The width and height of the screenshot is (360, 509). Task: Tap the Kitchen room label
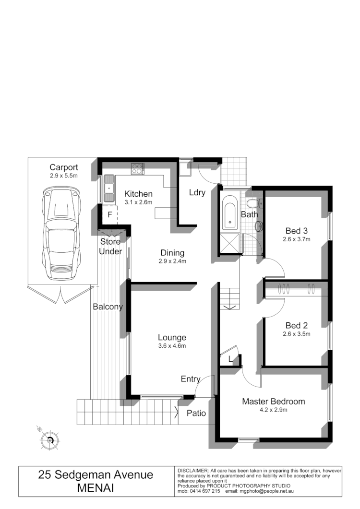point(138,194)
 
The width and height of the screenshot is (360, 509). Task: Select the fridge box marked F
point(109,214)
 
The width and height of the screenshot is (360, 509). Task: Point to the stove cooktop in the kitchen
point(137,168)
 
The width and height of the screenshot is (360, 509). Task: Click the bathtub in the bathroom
point(229,212)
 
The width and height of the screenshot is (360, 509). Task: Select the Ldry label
point(197,193)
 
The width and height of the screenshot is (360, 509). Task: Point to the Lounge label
point(172,338)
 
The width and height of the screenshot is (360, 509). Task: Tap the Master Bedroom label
point(273,402)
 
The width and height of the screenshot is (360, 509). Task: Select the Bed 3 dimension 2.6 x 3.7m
point(297,238)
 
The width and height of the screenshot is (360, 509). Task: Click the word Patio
point(196,413)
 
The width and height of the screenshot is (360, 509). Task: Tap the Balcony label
point(108,307)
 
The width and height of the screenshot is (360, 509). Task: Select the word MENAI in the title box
point(96,488)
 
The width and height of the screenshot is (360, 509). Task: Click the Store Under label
point(110,247)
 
